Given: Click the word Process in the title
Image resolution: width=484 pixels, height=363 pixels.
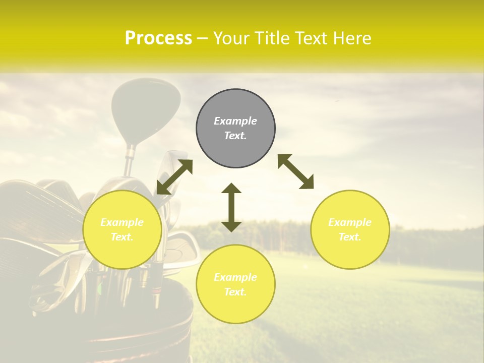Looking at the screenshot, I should [x=158, y=38].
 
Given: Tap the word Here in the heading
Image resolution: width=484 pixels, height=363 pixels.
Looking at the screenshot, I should [x=352, y=38].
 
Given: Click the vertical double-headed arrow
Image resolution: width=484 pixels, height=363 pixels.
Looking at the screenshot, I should [x=231, y=207].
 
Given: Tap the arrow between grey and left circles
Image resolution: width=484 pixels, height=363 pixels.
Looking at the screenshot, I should [x=174, y=177].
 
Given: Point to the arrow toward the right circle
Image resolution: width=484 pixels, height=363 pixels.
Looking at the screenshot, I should [x=295, y=171].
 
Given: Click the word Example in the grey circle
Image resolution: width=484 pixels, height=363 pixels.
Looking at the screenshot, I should [x=235, y=121].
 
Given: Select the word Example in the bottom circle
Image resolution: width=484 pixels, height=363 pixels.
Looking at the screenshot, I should [x=235, y=277].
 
